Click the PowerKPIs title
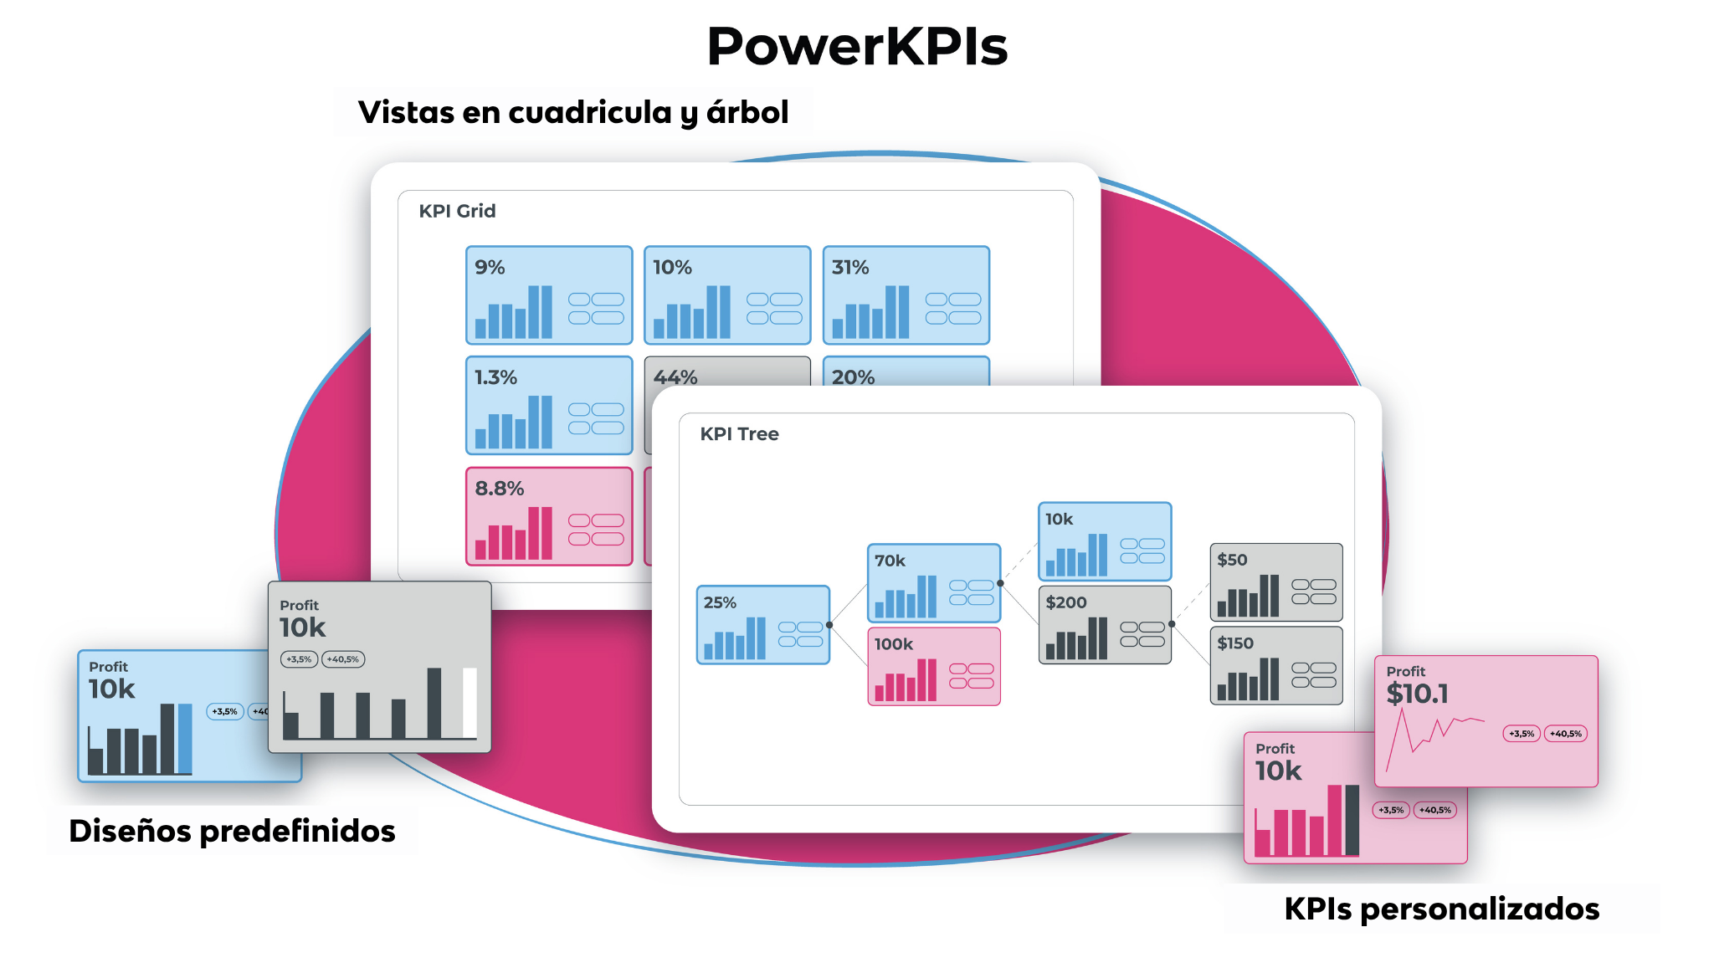click(x=857, y=46)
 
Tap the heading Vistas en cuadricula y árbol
click(x=573, y=112)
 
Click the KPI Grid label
click(x=457, y=211)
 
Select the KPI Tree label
click(x=739, y=433)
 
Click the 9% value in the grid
click(x=490, y=268)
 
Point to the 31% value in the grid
click(x=850, y=268)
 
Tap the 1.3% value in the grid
click(x=495, y=377)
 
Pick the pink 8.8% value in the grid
click(x=499, y=489)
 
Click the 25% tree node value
click(x=720, y=602)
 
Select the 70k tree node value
click(x=890, y=561)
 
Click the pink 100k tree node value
click(x=893, y=644)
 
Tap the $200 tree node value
click(x=1065, y=602)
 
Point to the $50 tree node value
click(x=1232, y=560)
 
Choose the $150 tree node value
click(x=1234, y=643)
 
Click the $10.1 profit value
click(x=1417, y=694)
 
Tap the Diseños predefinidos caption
click(x=232, y=831)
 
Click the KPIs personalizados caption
click(x=1441, y=909)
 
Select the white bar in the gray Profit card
click(x=470, y=703)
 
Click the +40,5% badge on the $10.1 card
click(x=1565, y=734)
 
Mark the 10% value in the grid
click(x=672, y=268)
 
